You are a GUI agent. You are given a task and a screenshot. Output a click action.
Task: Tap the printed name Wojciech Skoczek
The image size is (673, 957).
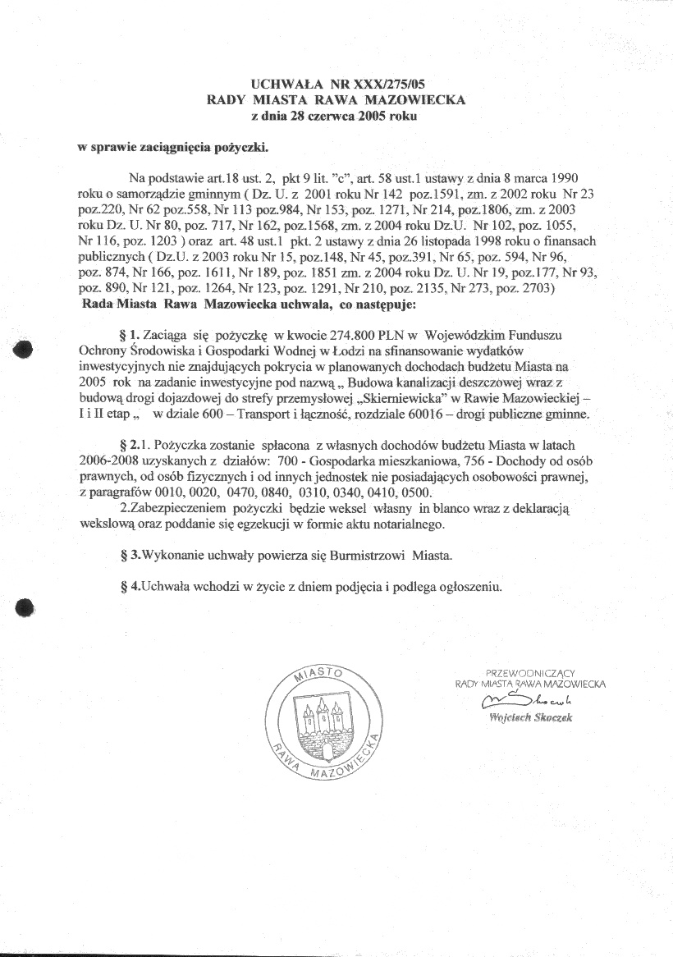[x=530, y=717]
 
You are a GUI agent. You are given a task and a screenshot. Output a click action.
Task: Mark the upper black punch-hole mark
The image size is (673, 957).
[x=23, y=349]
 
